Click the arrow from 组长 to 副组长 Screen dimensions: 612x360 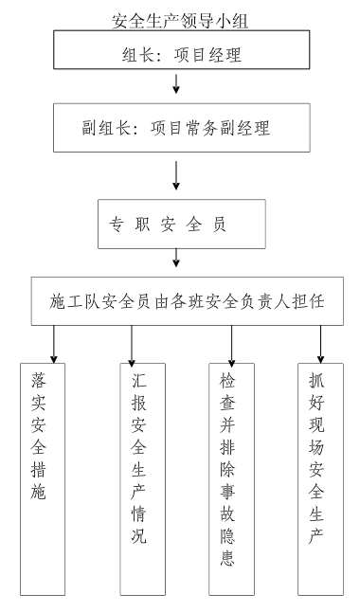coord(176,86)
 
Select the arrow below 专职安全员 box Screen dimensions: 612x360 coord(177,258)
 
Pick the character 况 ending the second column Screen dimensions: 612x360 coord(139,537)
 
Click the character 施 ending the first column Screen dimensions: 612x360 coord(42,491)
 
